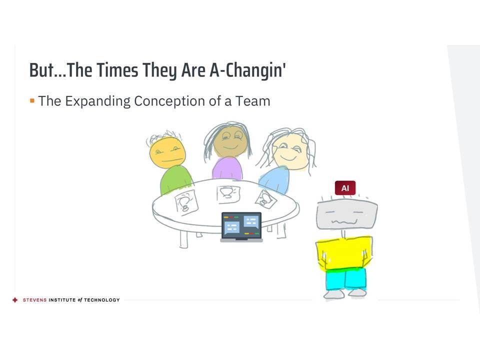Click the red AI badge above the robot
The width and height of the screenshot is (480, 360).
pyautogui.click(x=345, y=188)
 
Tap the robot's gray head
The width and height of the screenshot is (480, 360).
pyautogui.click(x=347, y=214)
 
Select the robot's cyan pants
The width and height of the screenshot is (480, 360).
pyautogui.click(x=345, y=279)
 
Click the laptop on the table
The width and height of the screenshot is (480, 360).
pyautogui.click(x=241, y=227)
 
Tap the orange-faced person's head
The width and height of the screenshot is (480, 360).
pyautogui.click(x=167, y=152)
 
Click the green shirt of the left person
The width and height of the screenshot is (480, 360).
pyautogui.click(x=175, y=180)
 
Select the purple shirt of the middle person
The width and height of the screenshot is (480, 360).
pyautogui.click(x=227, y=168)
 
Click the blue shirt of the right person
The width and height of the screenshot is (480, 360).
pyautogui.click(x=274, y=180)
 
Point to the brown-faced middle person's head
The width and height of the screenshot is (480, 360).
pyautogui.click(x=230, y=141)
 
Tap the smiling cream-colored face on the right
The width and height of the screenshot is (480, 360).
pyautogui.click(x=290, y=152)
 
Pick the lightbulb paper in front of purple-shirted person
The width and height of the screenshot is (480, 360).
pyautogui.click(x=228, y=194)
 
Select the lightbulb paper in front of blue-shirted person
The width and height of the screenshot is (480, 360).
pyautogui.click(x=265, y=199)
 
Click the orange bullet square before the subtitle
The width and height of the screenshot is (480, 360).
pyautogui.click(x=32, y=100)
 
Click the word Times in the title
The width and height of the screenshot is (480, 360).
pyautogui.click(x=117, y=70)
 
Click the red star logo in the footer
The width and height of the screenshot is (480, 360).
pyautogui.click(x=15, y=300)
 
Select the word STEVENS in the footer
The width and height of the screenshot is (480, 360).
pyautogui.click(x=34, y=300)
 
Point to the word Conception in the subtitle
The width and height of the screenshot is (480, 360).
pyautogui.click(x=169, y=101)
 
